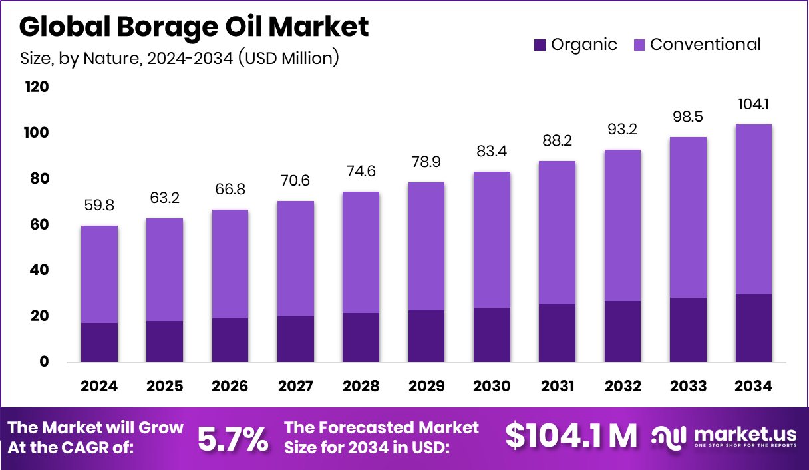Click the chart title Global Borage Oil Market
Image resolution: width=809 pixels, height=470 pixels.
194,27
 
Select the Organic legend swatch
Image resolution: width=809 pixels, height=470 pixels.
540,45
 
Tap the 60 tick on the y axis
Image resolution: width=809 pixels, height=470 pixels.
39,225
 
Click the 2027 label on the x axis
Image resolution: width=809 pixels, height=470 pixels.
295,387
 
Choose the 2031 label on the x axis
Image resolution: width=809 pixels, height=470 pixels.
557,387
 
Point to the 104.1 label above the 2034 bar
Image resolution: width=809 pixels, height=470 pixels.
754,105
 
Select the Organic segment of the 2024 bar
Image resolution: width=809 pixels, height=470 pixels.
100,342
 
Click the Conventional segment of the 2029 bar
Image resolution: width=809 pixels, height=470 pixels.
426,246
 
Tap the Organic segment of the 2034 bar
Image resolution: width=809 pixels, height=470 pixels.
754,328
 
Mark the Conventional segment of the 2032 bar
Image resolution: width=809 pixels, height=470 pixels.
623,225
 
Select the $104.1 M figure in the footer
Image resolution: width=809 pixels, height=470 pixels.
570,437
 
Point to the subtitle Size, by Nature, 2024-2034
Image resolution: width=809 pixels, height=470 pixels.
180,58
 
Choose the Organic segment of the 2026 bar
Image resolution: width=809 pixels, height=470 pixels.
230,340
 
